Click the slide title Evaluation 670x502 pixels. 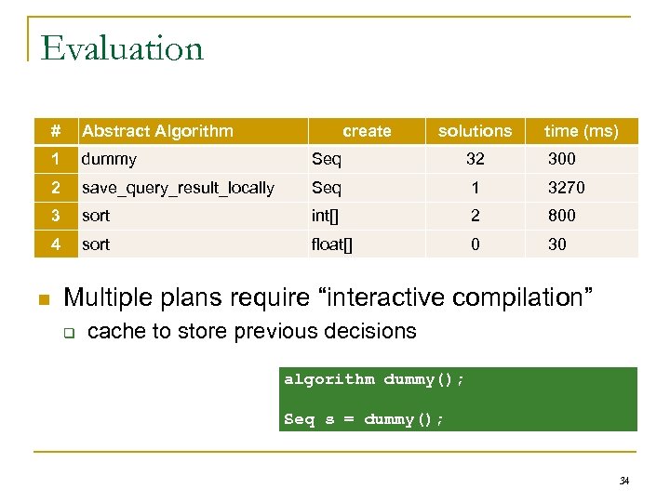point(122,47)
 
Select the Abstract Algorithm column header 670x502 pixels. point(157,131)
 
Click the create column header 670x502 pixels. point(367,131)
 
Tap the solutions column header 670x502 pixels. point(475,131)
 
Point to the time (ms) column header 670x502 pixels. point(581,131)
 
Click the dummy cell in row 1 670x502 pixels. point(109,159)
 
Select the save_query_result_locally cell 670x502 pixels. point(178,188)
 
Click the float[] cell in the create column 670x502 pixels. point(331,244)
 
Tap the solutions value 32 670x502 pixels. point(475,159)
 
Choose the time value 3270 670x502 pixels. point(566,188)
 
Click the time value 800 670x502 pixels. point(561,216)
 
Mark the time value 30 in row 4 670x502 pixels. point(557,244)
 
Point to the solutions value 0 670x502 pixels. point(475,244)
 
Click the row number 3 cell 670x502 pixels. point(57,216)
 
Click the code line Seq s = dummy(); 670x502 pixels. point(364,419)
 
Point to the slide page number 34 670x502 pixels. point(623,481)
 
